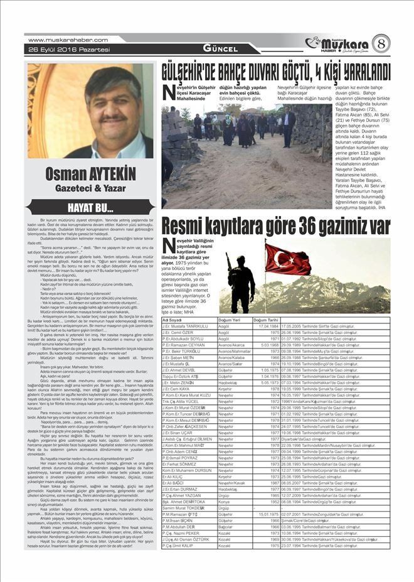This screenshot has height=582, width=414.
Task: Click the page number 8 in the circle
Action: [x=381, y=44]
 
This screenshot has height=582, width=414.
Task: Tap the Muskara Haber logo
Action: [x=339, y=44]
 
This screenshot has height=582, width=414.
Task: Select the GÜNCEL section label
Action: [x=220, y=49]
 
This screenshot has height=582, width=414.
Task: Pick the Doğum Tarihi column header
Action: [x=266, y=320]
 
